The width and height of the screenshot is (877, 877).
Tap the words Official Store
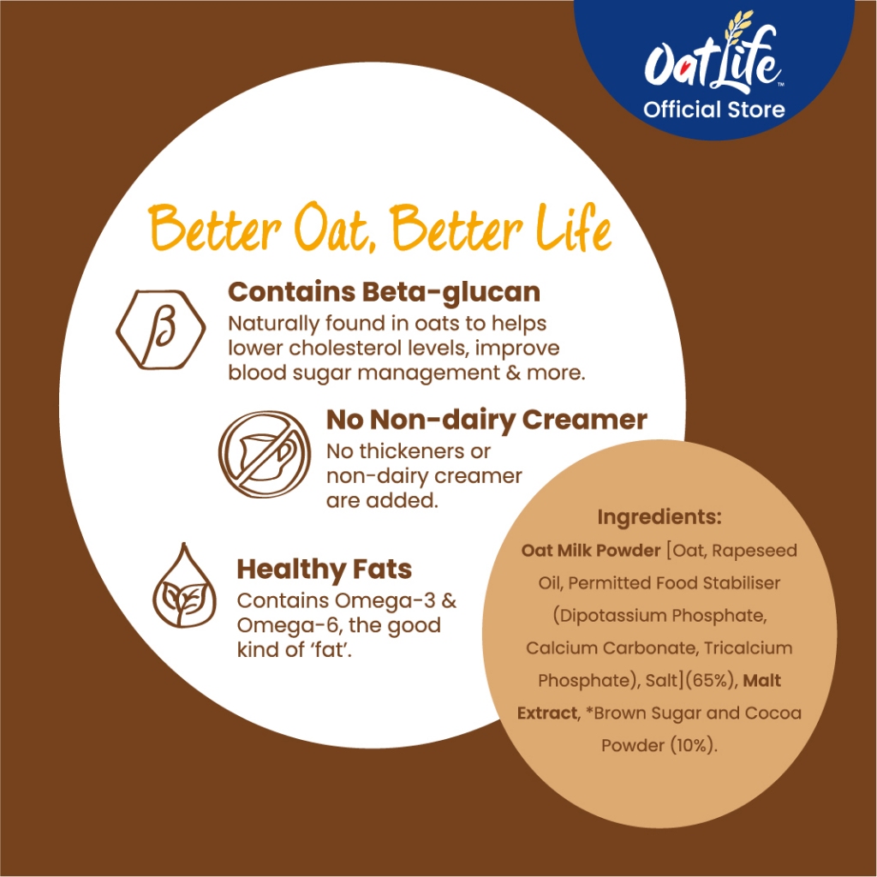(713, 109)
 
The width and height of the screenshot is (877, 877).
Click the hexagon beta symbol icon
(161, 330)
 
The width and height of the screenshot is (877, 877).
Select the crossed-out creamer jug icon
(265, 454)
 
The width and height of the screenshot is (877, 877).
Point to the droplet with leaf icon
(184, 585)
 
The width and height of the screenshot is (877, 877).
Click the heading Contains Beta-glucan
(385, 293)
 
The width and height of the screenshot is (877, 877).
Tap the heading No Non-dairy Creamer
(486, 420)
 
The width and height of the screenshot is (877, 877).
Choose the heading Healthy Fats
(325, 569)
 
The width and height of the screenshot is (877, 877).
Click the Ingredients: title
(659, 517)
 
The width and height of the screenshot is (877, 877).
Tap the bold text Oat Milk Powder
(591, 551)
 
